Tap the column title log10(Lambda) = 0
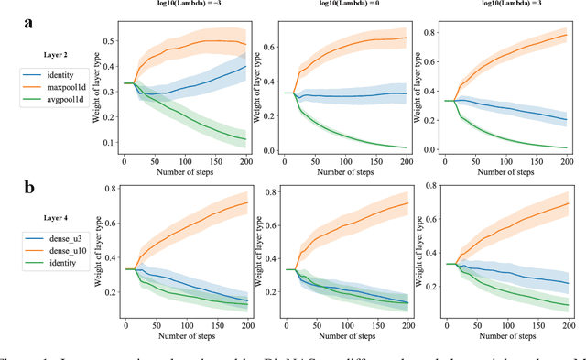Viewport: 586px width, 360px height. point(350,5)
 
